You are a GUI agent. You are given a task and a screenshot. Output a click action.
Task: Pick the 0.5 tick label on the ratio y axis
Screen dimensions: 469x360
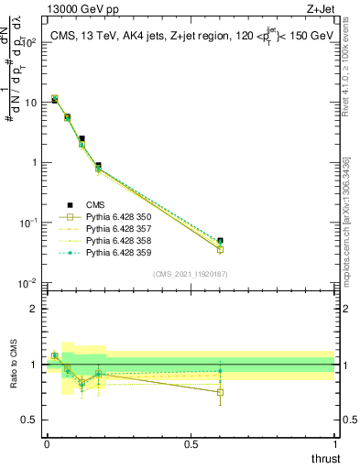pos(29,420)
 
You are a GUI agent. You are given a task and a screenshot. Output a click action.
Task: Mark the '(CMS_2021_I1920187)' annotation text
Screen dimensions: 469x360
pos(191,273)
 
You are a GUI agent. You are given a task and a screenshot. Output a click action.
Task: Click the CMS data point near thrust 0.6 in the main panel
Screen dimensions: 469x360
pos(220,241)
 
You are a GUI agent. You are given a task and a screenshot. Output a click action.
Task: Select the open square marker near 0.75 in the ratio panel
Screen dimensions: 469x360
pos(220,392)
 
